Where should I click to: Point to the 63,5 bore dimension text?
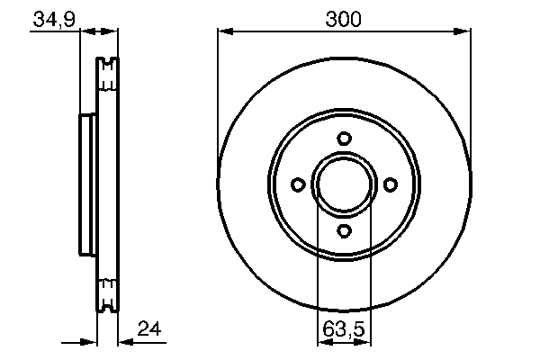[x=343, y=329]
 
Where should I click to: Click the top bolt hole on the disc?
[x=344, y=138]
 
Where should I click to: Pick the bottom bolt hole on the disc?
[x=344, y=231]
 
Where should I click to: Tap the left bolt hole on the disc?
[x=297, y=184]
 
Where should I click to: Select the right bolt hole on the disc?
[x=391, y=184]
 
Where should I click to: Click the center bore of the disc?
[x=344, y=184]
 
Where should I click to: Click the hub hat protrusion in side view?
[x=87, y=184]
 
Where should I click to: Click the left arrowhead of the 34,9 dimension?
[x=86, y=32]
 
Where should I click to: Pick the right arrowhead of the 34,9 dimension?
[x=113, y=32]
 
